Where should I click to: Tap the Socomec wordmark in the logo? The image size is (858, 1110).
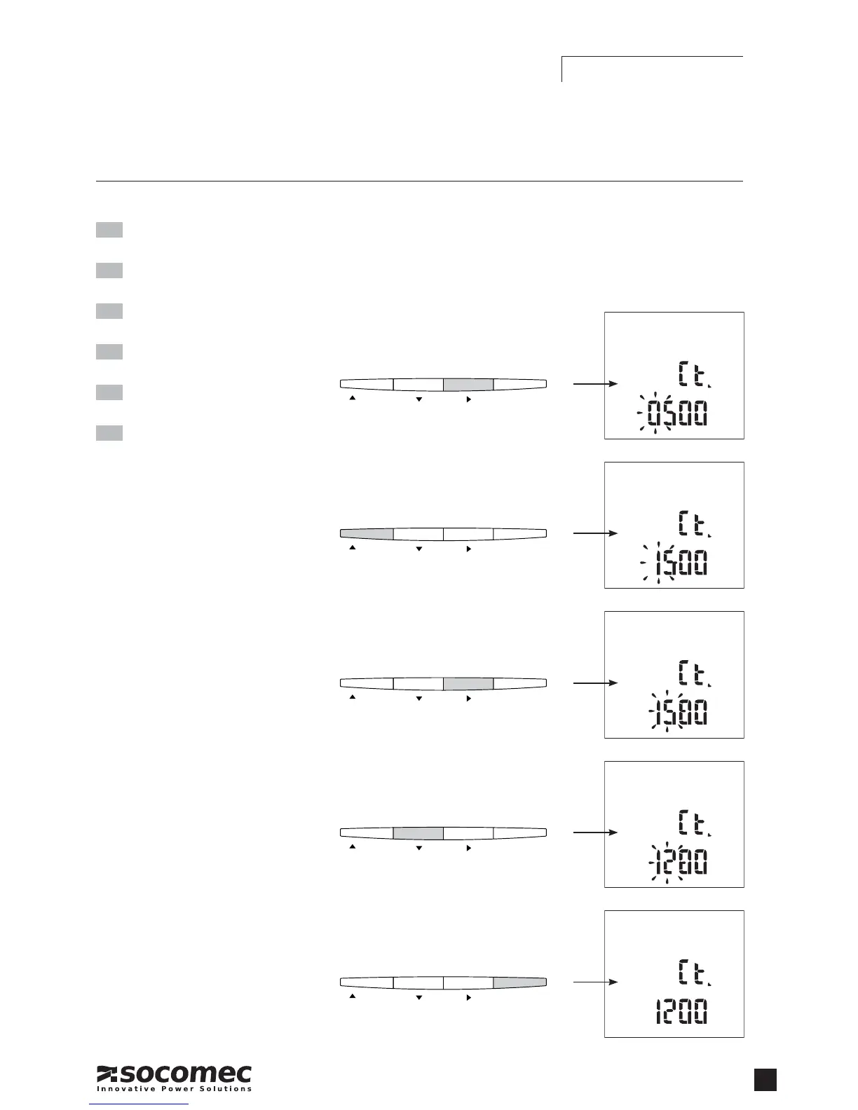click(186, 1074)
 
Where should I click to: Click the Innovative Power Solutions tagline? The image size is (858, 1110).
click(174, 1089)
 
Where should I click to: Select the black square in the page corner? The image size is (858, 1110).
click(765, 1080)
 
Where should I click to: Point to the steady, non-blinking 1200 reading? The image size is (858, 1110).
click(681, 1012)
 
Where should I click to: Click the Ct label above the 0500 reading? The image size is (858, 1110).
click(693, 374)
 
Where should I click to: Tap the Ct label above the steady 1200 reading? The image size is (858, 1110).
click(693, 973)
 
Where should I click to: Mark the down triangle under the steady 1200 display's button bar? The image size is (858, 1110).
click(419, 997)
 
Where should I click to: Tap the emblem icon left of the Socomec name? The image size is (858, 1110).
click(107, 1074)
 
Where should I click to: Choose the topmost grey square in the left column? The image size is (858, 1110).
click(109, 230)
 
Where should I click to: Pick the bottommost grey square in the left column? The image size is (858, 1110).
click(109, 433)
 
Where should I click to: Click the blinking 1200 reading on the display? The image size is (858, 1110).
click(677, 863)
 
